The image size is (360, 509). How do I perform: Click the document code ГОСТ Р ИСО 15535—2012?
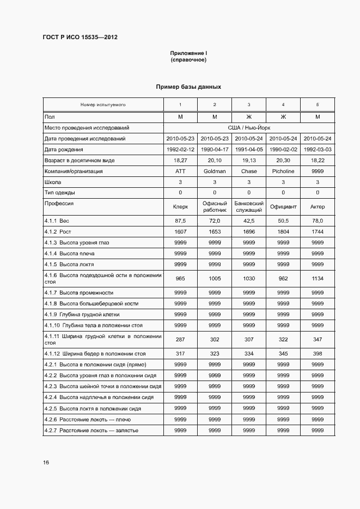pos(80,37)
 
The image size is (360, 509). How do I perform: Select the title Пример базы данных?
pos(188,87)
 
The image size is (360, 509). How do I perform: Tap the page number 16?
pos(46,462)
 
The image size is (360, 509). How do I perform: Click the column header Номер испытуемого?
pos(103,105)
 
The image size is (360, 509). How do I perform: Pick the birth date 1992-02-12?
pos(180,149)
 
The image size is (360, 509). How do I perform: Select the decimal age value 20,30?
pos(283,160)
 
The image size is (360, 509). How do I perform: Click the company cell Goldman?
pos(215,171)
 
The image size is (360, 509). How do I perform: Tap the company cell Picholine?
pos(283,171)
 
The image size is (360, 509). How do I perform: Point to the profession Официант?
pos(283,207)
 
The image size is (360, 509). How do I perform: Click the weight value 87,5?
pos(180,220)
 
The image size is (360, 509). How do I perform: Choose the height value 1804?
pos(283,231)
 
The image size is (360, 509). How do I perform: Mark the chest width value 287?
pos(180,339)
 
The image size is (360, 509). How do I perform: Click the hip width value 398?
pos(318,354)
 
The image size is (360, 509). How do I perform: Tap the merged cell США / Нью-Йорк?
pos(249,128)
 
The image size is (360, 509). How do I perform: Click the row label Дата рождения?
pos(64,149)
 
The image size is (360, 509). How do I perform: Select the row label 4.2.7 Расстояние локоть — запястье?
pos(91,430)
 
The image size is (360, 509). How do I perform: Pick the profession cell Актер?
pos(318,207)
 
